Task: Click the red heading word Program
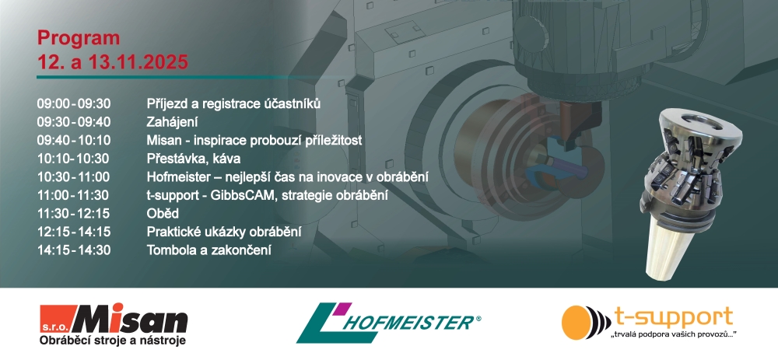pyautogui.click(x=79, y=39)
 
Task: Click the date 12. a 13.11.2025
pyautogui.click(x=113, y=62)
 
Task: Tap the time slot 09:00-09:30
pyautogui.click(x=73, y=103)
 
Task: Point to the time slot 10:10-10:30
pyautogui.click(x=73, y=159)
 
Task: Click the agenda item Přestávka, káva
pyautogui.click(x=194, y=159)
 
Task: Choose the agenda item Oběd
pyautogui.click(x=163, y=214)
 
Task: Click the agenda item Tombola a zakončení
pyautogui.click(x=209, y=250)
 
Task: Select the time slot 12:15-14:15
pyautogui.click(x=73, y=232)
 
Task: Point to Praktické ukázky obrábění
pyautogui.click(x=224, y=232)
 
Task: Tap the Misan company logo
pyautogui.click(x=114, y=325)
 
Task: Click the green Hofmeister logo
pyautogui.click(x=388, y=323)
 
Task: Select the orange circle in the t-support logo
pyautogui.click(x=576, y=323)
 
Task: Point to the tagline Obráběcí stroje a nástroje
pyautogui.click(x=113, y=340)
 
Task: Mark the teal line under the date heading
pyautogui.click(x=191, y=77)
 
